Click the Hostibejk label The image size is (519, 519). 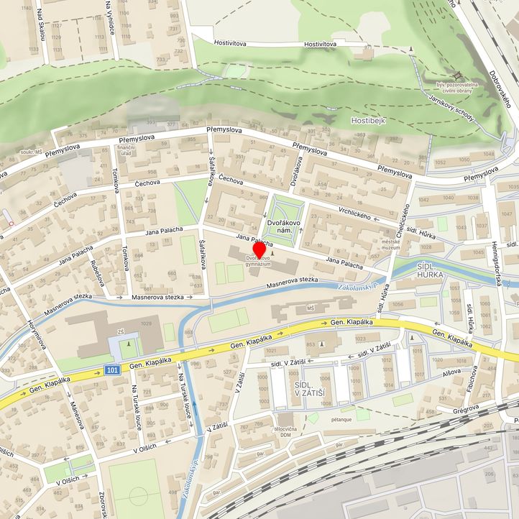(368, 121)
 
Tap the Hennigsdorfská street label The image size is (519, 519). (500, 263)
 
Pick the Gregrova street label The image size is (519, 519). (465, 408)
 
